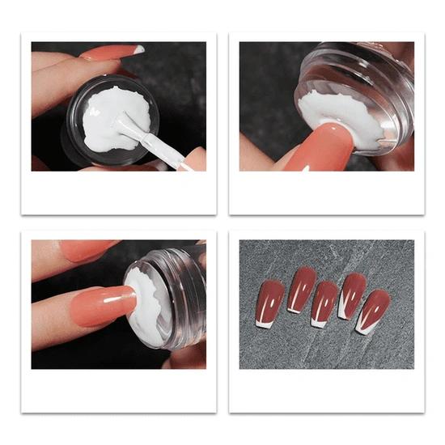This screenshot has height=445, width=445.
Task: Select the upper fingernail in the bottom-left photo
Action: click(89, 249)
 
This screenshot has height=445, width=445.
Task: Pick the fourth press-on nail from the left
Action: click(352, 295)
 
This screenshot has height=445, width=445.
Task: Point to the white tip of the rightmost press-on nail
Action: click(365, 328)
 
